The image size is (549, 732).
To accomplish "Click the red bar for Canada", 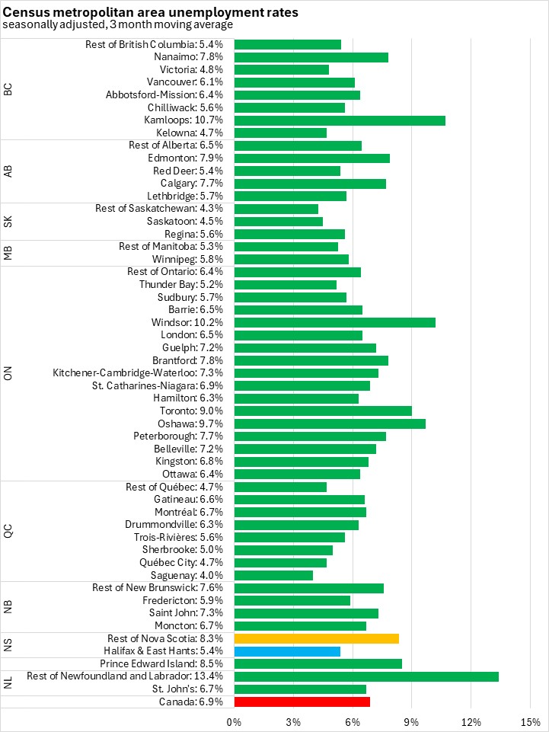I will (x=302, y=702).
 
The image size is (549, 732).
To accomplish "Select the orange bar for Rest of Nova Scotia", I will (x=316, y=638).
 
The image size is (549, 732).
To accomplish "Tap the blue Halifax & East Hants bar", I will (x=287, y=651).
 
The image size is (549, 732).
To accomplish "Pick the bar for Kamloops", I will (x=340, y=120).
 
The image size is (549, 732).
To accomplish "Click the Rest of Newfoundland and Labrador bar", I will (x=366, y=676).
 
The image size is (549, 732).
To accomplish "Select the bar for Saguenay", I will (x=273, y=575).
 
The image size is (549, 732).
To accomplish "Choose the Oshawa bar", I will (x=330, y=424).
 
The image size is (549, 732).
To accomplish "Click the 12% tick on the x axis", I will (x=471, y=721).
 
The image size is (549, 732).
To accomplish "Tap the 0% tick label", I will (x=234, y=721).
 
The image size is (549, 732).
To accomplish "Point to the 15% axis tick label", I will (x=530, y=721).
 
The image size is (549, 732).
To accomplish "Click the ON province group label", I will (x=8, y=373).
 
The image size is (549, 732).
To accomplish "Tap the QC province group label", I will (x=8, y=531).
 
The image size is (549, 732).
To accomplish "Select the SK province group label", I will (x=8, y=222).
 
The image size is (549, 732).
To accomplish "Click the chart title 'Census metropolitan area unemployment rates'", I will (x=150, y=13).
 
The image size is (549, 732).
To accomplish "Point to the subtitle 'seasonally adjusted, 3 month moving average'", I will (x=117, y=25).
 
